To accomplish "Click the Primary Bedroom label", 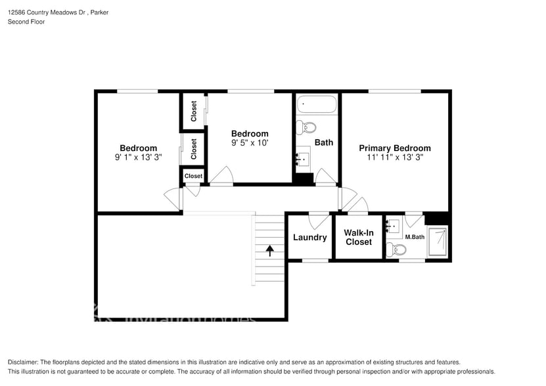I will [394, 148].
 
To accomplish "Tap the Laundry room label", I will [309, 238].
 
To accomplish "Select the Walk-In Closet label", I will [358, 237].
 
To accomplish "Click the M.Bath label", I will [414, 237].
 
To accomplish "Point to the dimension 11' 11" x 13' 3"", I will [394, 158].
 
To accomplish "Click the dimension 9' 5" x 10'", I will [250, 142].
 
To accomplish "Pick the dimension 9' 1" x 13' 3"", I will [138, 158].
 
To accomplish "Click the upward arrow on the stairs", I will [269, 249].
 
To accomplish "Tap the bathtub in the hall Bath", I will [317, 104].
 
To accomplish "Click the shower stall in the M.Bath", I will [438, 241].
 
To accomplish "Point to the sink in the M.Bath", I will [394, 226].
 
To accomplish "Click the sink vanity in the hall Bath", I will [303, 158].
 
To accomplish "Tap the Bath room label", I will [324, 142].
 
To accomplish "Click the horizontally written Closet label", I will [193, 176].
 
